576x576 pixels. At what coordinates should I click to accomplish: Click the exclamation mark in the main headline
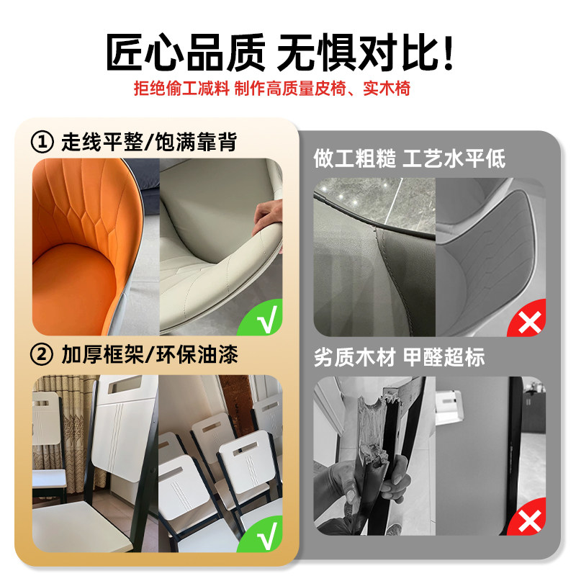click(448, 53)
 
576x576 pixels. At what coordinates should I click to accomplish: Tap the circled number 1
click(42, 142)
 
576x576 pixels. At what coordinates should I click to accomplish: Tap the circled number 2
click(42, 354)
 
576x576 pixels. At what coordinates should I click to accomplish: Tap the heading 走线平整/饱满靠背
click(149, 142)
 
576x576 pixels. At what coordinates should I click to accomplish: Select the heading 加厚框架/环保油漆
click(150, 354)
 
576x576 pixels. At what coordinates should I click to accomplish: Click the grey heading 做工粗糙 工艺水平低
click(410, 158)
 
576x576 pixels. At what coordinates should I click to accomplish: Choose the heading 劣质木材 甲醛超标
click(400, 357)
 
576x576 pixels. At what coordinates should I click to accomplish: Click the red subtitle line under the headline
click(272, 88)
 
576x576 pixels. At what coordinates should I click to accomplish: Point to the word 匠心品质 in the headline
click(186, 53)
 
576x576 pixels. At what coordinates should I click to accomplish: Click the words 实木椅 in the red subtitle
click(387, 88)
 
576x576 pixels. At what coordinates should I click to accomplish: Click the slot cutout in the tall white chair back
click(126, 384)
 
